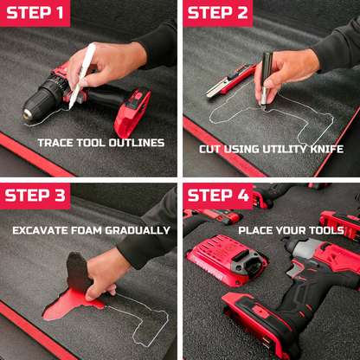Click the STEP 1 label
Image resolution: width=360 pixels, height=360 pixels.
pos(35,13)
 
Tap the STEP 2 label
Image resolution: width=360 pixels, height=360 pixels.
pos(218,13)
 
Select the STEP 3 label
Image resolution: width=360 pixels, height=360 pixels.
pos(35,196)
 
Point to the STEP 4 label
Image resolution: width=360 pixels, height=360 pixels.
pos(218,196)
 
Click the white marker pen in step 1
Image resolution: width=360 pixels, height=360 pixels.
pos(82,75)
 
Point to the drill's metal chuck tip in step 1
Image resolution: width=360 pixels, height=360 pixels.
pos(28,113)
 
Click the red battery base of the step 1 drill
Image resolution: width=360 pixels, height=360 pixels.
pos(133,113)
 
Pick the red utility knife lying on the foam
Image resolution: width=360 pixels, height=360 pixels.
pos(231,80)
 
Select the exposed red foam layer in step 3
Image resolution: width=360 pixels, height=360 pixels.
pos(69,305)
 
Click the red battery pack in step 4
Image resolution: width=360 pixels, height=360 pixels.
pos(227,260)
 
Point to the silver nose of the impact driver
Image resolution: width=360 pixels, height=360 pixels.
pos(301,248)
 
